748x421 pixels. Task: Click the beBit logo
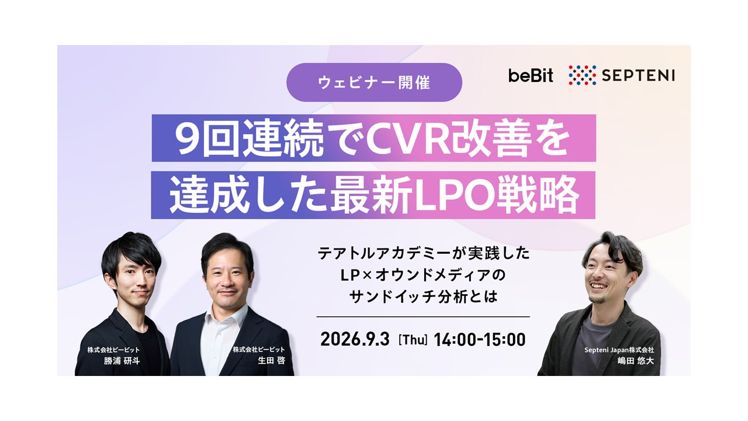point(531,75)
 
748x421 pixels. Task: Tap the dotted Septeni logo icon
point(583,75)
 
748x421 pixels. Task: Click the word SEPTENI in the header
point(638,75)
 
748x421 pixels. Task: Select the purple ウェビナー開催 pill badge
point(375,82)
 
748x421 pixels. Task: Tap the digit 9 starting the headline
point(189,139)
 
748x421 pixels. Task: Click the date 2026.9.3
point(355,339)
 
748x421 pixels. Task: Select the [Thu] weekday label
point(413,340)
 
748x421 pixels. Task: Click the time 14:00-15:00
point(480,339)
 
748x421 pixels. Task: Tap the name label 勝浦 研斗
point(122,361)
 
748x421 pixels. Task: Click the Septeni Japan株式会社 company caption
point(619,350)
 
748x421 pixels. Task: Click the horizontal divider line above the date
point(423,316)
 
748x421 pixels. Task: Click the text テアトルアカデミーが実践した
point(424,253)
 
